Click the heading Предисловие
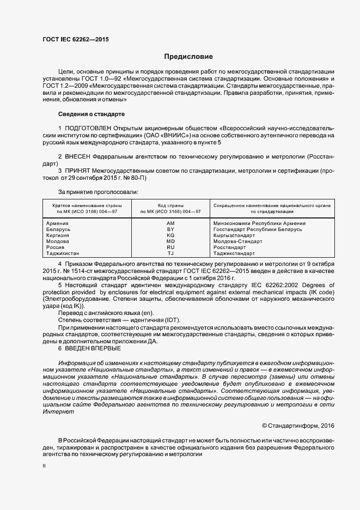[x=188, y=57]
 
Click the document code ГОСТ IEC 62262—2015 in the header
[x=75, y=40]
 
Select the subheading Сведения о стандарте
[x=91, y=114]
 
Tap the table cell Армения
[x=58, y=223]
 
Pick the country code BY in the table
[x=170, y=229]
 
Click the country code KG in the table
[x=170, y=235]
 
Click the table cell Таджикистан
[x=63, y=253]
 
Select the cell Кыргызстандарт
[x=235, y=235]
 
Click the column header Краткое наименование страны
[x=88, y=205]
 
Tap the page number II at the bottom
[x=44, y=467]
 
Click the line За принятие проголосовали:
[x=98, y=191]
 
